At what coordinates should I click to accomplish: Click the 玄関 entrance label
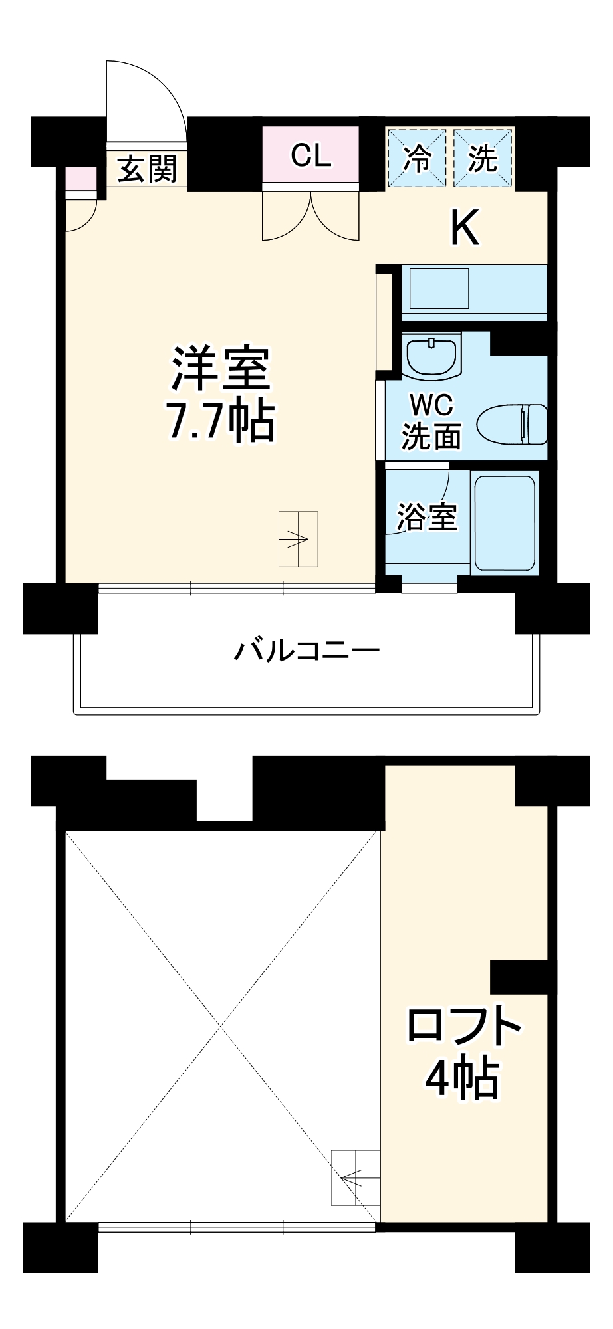[148, 170]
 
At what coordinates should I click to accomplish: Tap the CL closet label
[310, 156]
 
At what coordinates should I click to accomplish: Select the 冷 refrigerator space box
[417, 159]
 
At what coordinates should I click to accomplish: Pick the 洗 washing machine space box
[483, 159]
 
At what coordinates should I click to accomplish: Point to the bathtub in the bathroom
[505, 522]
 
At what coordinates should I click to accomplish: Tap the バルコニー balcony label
[306, 650]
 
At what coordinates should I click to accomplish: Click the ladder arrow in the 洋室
[297, 538]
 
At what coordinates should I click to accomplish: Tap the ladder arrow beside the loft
[354, 1177]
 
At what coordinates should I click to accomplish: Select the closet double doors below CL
[310, 215]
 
